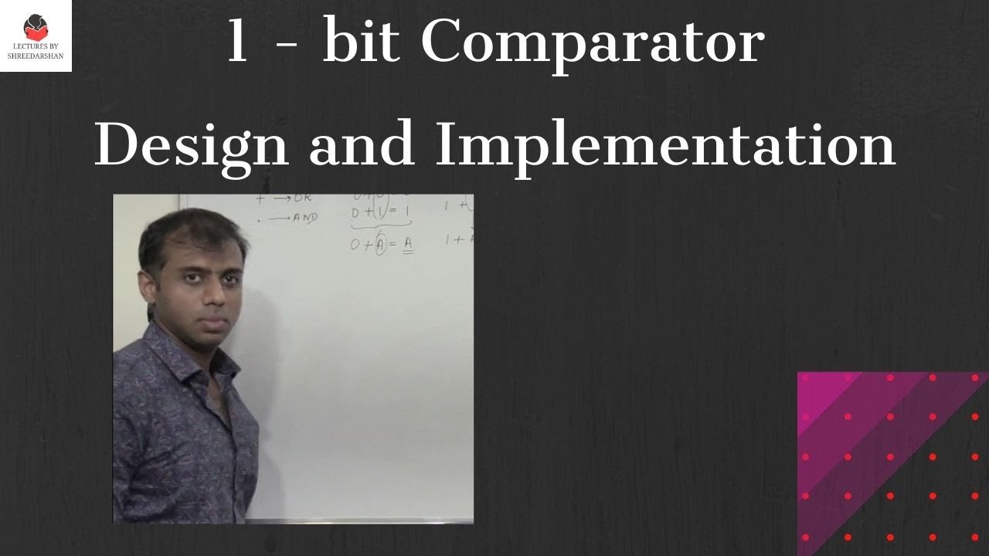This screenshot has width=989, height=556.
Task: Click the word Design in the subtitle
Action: coord(191,144)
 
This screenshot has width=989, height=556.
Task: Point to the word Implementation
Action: coord(665,144)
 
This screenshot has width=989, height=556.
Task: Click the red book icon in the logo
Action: coord(36,29)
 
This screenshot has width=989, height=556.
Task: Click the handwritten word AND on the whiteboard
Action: coord(305,218)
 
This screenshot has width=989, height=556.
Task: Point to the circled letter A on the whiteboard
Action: coord(379,245)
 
